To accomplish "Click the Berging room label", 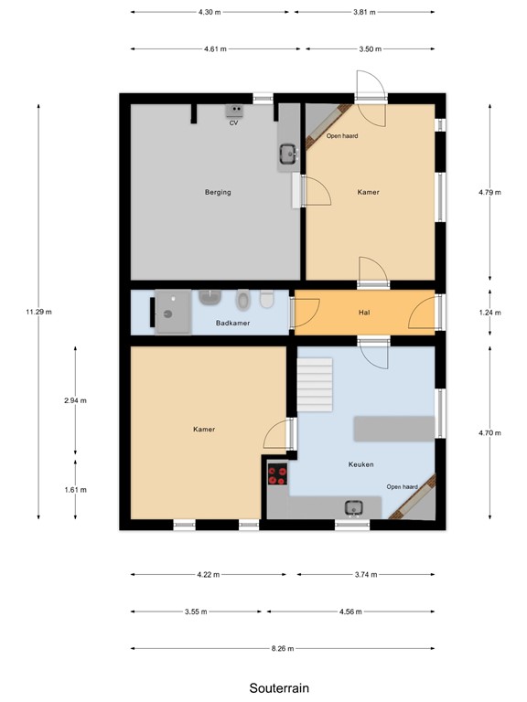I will [218, 192].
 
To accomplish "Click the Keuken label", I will [361, 463].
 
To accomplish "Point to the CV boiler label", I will [234, 122].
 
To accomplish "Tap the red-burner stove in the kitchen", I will [277, 474].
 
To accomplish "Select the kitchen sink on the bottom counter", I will [352, 508].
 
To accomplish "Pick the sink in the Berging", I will [287, 154].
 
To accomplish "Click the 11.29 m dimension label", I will [39, 312].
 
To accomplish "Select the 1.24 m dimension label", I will [489, 312].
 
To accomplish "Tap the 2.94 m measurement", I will [75, 399].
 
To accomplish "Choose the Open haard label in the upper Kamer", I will [342, 136].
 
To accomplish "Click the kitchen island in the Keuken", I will [393, 428].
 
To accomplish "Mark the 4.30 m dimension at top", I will [210, 12].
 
